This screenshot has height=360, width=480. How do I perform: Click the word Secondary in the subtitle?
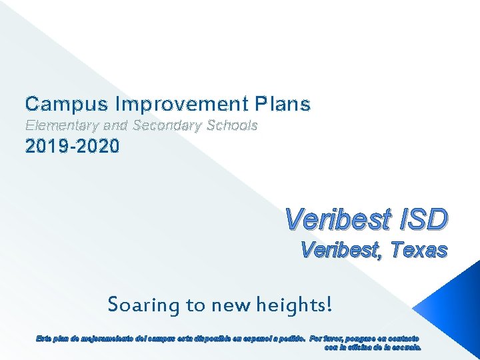click(167, 125)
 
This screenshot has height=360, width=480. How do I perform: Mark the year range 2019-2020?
click(73, 146)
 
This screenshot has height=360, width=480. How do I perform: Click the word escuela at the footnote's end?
click(405, 346)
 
